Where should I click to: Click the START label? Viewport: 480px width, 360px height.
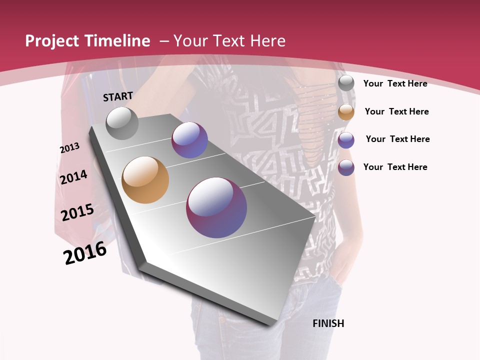tap(118, 96)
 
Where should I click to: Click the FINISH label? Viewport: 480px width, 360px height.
tap(328, 323)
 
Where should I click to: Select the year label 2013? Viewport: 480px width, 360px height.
tap(69, 148)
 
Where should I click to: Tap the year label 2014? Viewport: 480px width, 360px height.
tap(73, 177)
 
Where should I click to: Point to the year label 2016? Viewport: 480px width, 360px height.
tap(85, 253)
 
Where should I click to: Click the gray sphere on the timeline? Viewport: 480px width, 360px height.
tap(122, 123)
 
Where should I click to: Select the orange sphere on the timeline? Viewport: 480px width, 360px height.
tap(145, 180)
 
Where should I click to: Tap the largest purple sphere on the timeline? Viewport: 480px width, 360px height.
tap(216, 207)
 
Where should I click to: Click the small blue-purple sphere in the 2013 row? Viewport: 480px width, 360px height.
tap(189, 140)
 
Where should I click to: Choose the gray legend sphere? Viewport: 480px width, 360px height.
tap(346, 83)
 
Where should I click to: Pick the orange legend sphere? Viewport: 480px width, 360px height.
tap(346, 112)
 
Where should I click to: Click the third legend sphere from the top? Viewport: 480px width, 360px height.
tap(346, 140)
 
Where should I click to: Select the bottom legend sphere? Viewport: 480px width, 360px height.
tap(346, 167)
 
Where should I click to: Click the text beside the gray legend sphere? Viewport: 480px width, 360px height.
tap(395, 83)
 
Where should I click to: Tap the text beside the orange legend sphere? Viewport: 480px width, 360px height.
tap(396, 111)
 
